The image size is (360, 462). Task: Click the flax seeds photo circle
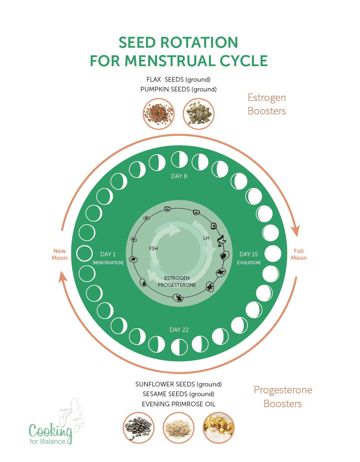point(158,114)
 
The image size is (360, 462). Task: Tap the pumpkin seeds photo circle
point(198,114)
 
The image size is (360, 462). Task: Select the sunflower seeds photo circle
point(138,428)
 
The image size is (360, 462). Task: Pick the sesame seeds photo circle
point(179,428)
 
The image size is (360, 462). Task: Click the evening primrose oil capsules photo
point(219,428)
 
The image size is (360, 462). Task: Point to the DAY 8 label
point(179,176)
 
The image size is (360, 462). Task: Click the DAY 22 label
point(179,330)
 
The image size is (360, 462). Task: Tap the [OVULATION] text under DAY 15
point(249,263)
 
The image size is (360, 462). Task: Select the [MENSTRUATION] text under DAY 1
point(108,263)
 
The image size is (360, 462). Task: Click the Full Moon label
point(299,254)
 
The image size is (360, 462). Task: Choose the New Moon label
point(60,254)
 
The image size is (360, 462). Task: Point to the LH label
point(206,238)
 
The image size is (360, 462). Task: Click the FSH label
point(154,248)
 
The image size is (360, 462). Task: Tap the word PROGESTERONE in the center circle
point(177,285)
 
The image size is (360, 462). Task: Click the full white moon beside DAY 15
point(273,254)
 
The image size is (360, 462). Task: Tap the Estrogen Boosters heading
point(267,104)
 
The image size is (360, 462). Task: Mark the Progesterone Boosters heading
point(283,397)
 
